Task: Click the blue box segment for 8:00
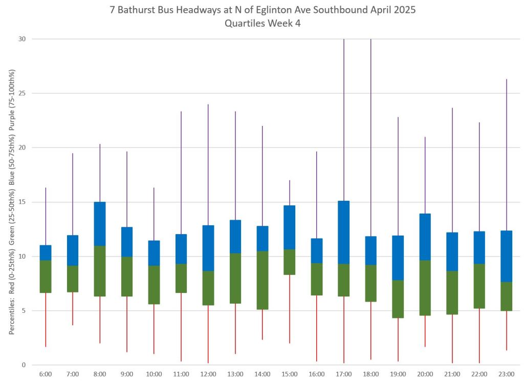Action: coord(100,224)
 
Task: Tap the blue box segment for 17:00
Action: coord(344,232)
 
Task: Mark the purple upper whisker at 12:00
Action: coord(208,164)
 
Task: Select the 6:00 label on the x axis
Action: coord(46,374)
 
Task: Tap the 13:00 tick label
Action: coord(235,374)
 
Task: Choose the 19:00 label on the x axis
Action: coord(398,374)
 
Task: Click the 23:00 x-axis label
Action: coord(506,374)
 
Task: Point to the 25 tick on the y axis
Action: coord(23,93)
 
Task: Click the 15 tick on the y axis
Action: coord(23,202)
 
